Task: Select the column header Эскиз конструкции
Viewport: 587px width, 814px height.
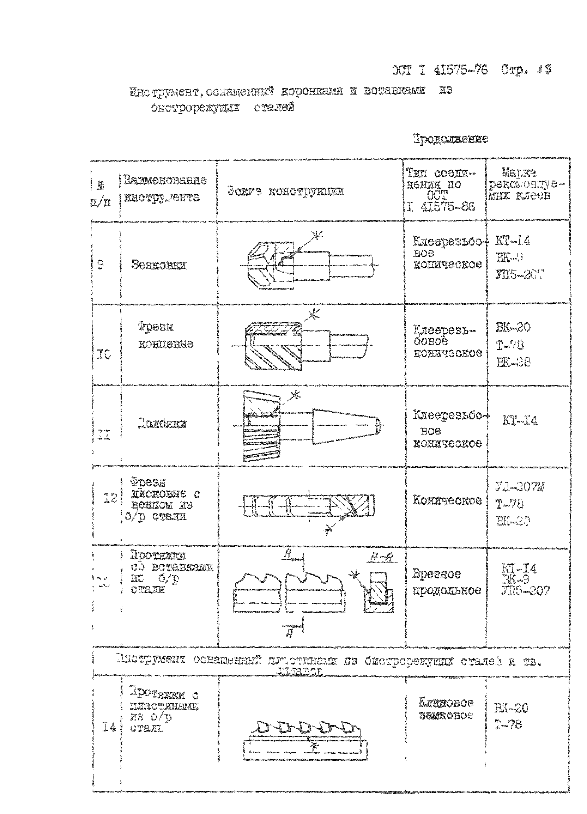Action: click(285, 192)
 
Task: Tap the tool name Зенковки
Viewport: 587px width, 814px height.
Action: click(159, 265)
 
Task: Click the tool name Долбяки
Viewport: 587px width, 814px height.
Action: click(162, 424)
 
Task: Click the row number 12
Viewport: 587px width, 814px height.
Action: click(111, 498)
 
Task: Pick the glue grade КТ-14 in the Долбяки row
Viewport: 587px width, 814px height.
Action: click(520, 421)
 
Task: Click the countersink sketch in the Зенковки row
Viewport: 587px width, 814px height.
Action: click(310, 265)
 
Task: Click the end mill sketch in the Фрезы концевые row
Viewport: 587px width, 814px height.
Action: click(305, 346)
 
